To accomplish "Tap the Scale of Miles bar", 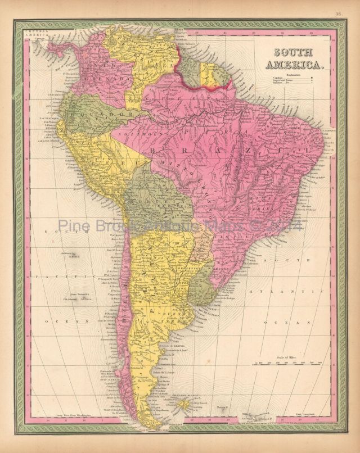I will [287, 364].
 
